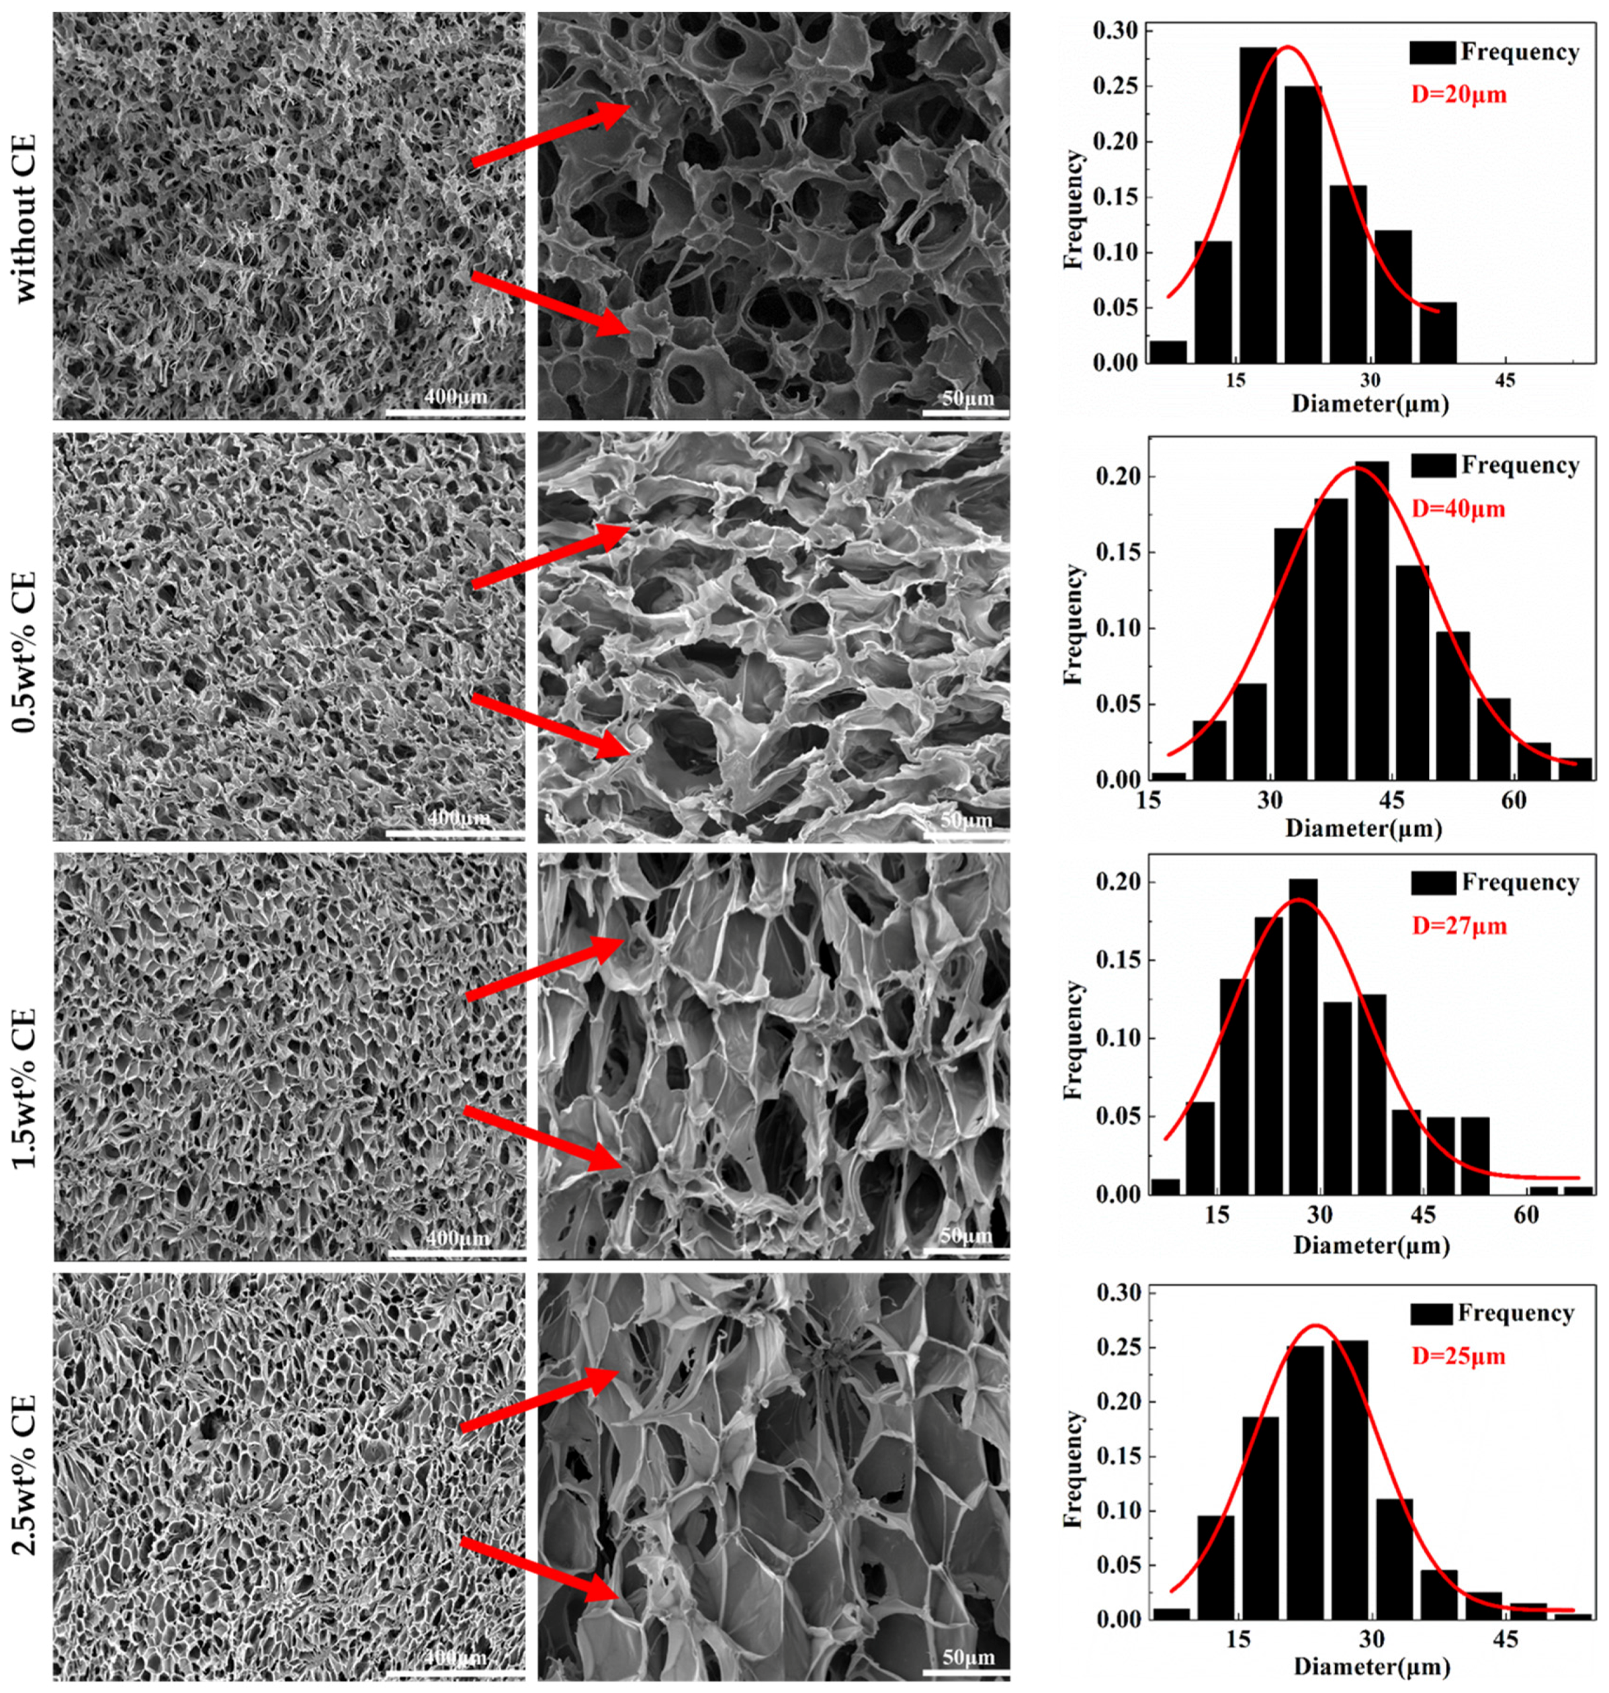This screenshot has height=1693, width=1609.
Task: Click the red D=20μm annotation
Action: tap(1458, 94)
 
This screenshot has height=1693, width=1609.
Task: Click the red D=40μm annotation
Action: tap(1458, 509)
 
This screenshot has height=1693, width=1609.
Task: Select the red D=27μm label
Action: tap(1458, 926)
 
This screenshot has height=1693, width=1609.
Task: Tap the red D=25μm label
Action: tap(1458, 1357)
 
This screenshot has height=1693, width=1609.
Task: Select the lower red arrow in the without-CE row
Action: tap(549, 304)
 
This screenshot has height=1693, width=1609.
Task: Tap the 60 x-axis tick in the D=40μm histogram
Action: tap(1514, 801)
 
